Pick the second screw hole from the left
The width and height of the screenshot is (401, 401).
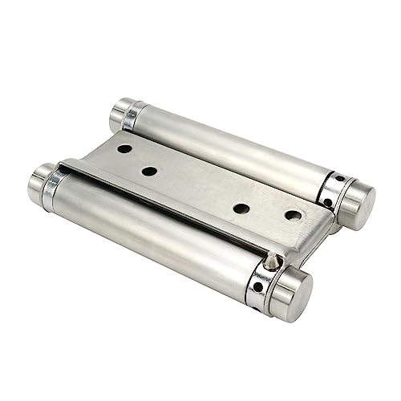(x=149, y=171)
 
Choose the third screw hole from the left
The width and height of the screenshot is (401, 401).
(x=239, y=209)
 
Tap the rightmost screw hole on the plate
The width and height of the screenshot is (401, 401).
(x=294, y=215)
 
